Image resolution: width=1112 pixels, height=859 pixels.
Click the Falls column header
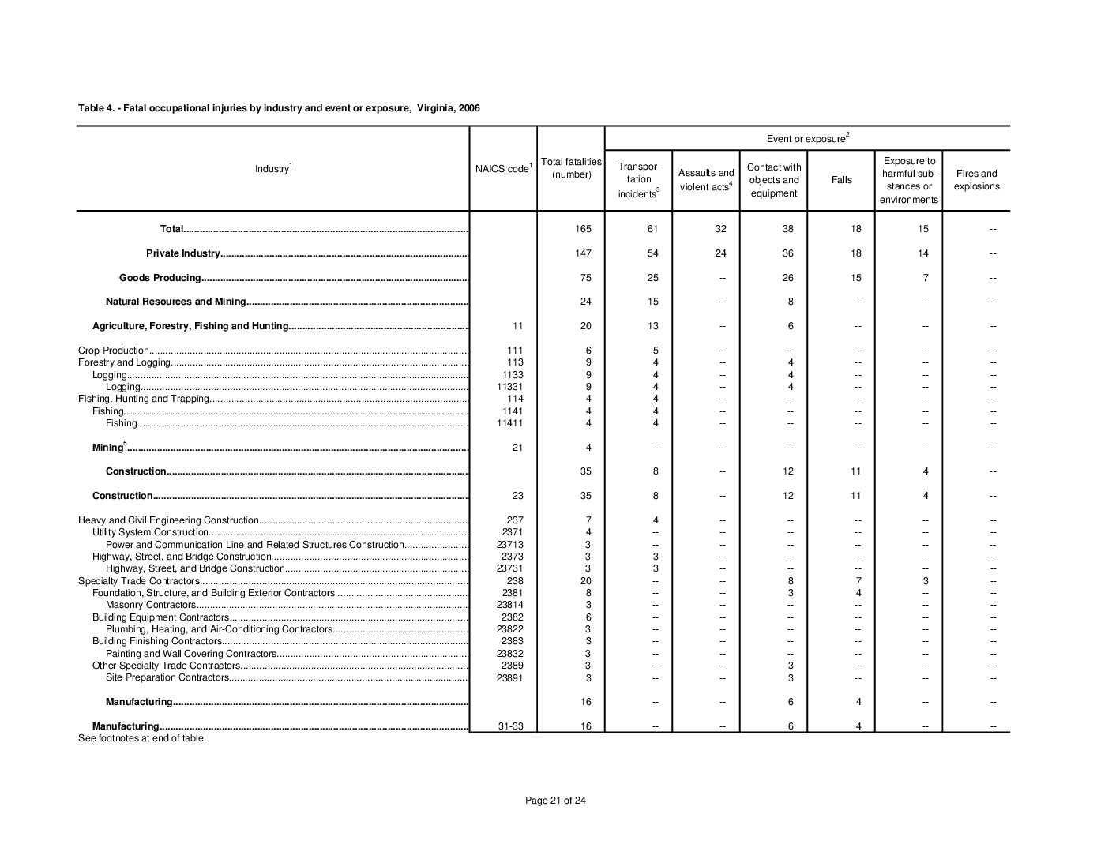click(x=841, y=180)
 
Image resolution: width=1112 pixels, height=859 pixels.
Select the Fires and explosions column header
click(x=976, y=180)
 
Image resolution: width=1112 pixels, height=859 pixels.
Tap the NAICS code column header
click(x=503, y=169)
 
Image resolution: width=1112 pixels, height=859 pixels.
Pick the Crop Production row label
click(x=114, y=351)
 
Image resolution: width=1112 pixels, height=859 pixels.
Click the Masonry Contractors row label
click(x=150, y=605)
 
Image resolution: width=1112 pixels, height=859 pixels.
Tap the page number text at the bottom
click(x=555, y=801)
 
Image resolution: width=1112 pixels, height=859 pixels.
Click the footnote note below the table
click(x=142, y=739)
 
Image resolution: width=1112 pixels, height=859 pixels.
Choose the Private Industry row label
click(x=182, y=253)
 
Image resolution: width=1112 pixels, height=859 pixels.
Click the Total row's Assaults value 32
click(x=721, y=229)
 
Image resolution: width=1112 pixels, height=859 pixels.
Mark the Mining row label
click(x=108, y=448)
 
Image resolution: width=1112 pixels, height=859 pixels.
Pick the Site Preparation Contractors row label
click(x=167, y=677)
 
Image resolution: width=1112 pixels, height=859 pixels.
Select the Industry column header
click(x=273, y=169)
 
